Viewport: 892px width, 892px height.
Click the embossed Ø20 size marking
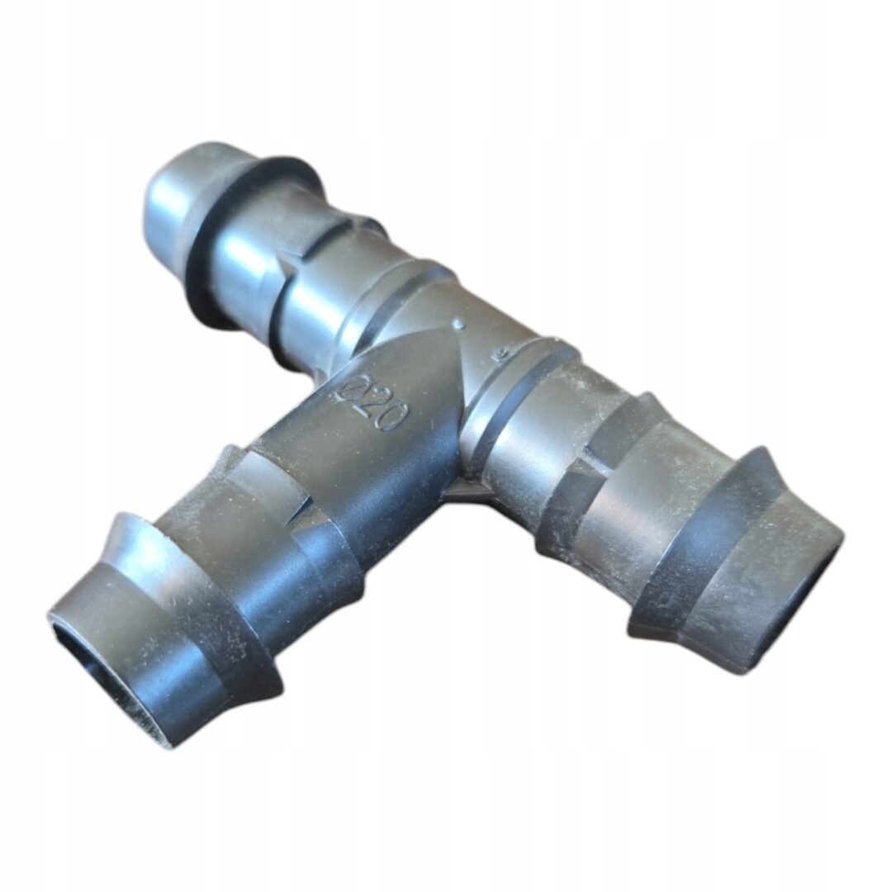point(372,403)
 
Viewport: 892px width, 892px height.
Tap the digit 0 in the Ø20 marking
point(392,418)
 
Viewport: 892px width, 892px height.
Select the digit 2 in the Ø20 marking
point(370,403)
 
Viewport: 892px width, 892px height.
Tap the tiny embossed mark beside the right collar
point(501,355)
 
